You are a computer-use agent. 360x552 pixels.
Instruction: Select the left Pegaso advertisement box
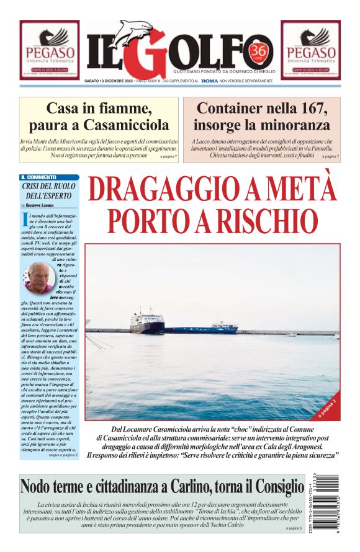(x=49, y=50)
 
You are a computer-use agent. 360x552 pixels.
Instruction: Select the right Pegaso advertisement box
(x=310, y=50)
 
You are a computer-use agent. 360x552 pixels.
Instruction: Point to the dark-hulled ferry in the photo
(x=148, y=323)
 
